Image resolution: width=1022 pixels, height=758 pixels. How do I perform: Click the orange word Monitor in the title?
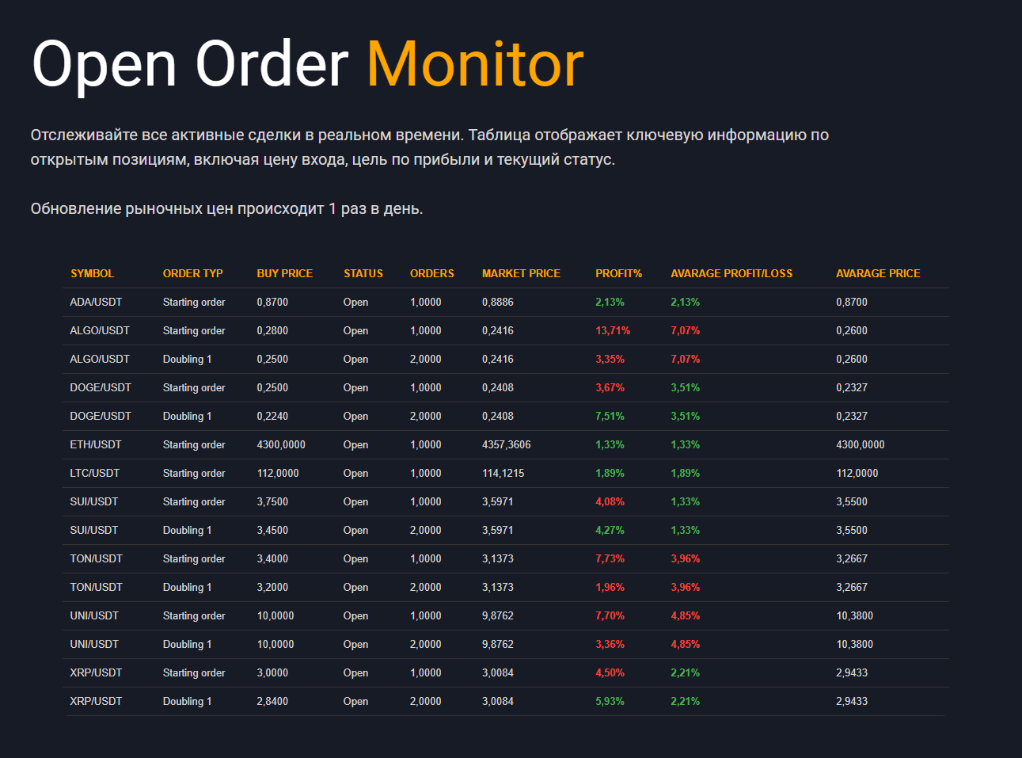[475, 63]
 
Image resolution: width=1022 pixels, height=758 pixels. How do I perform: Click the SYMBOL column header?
[92, 273]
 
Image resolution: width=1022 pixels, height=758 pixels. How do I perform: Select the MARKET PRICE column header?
[521, 273]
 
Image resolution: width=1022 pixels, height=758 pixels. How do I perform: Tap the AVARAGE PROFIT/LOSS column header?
[731, 273]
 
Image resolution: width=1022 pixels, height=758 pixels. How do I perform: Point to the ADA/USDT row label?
[96, 302]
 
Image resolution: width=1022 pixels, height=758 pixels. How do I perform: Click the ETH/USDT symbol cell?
[95, 444]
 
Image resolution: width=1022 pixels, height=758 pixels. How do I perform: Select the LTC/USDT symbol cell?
[94, 473]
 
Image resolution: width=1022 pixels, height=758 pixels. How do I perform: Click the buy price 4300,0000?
[281, 444]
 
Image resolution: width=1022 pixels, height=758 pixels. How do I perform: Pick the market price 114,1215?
[503, 473]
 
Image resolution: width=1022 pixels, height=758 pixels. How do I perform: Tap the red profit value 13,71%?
[613, 330]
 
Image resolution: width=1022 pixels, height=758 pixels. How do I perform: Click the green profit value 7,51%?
[610, 416]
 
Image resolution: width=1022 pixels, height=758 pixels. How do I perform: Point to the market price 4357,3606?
[507, 444]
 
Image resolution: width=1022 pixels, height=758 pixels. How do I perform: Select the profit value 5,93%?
[610, 701]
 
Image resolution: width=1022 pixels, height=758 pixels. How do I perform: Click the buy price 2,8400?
[272, 701]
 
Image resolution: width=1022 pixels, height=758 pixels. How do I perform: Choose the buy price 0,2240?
[272, 416]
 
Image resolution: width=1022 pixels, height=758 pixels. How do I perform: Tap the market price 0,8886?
[498, 302]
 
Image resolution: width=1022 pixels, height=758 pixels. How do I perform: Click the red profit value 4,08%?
[610, 501]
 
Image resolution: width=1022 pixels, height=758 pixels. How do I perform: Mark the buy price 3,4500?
[272, 530]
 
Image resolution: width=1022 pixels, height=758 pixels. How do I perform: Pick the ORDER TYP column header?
[192, 273]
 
